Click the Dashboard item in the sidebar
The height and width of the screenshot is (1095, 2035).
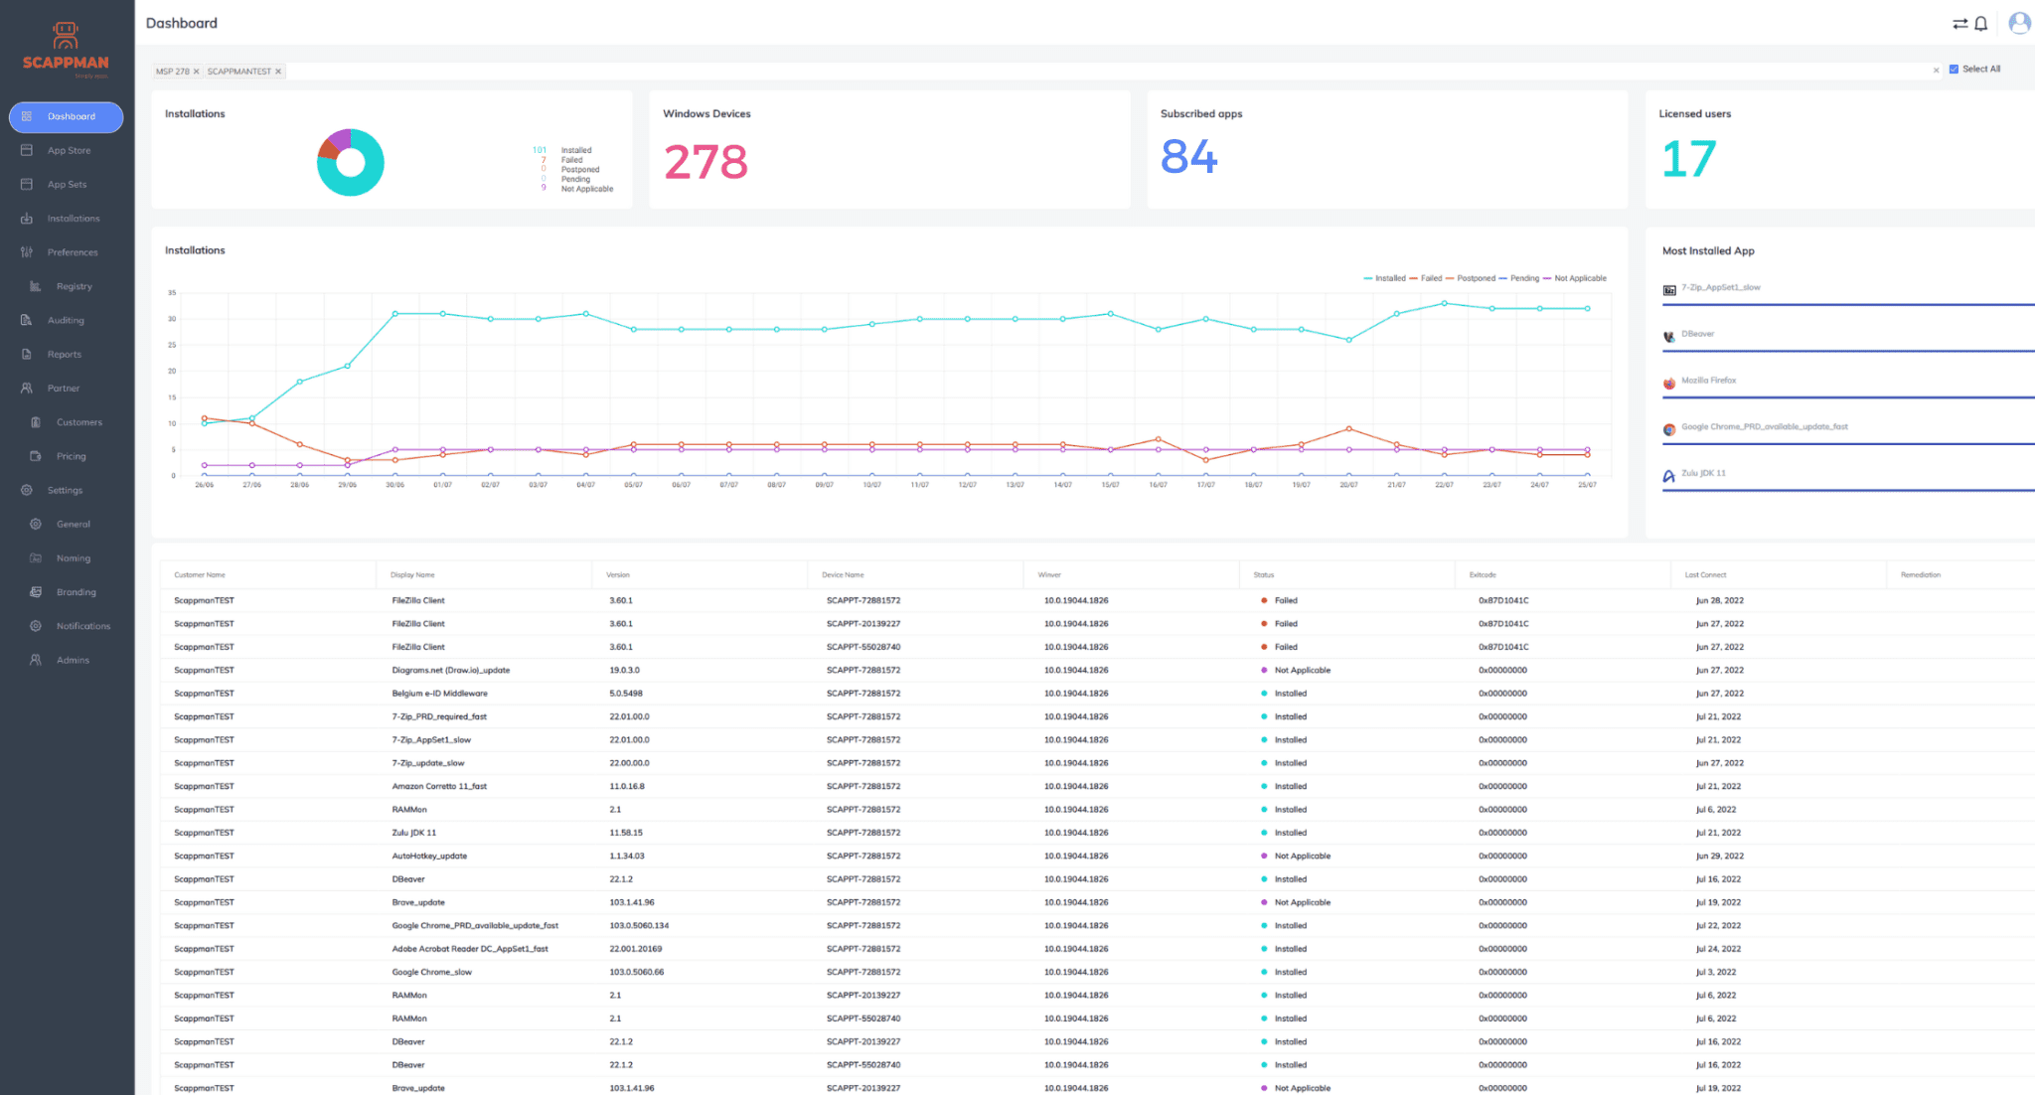pos(66,117)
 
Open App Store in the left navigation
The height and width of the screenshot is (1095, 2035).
pos(69,151)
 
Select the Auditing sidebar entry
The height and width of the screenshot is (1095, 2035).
pos(66,321)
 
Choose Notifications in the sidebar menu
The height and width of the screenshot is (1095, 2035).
pos(82,627)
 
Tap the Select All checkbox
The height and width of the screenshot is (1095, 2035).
pos(1954,70)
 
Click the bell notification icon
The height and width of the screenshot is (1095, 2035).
pos(1981,24)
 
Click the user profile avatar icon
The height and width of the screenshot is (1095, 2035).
pos(2018,23)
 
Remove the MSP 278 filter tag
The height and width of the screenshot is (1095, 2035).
pos(197,72)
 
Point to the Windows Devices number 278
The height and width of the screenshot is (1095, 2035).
pos(705,162)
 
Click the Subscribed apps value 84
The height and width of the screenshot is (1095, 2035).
pos(1188,157)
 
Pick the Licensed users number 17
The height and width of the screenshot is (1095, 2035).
pos(1688,159)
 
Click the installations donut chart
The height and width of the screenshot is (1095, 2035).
pos(350,163)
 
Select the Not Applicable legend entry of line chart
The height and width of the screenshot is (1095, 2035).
pos(1579,279)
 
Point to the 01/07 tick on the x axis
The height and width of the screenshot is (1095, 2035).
pos(442,485)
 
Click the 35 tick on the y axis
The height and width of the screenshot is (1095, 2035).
pos(172,293)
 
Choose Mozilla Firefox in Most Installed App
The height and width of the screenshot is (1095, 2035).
pos(1708,381)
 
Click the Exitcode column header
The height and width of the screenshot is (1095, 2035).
pos(1483,575)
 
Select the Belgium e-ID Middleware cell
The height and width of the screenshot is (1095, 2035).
pos(439,694)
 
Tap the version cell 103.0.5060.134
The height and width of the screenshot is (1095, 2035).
pos(639,926)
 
